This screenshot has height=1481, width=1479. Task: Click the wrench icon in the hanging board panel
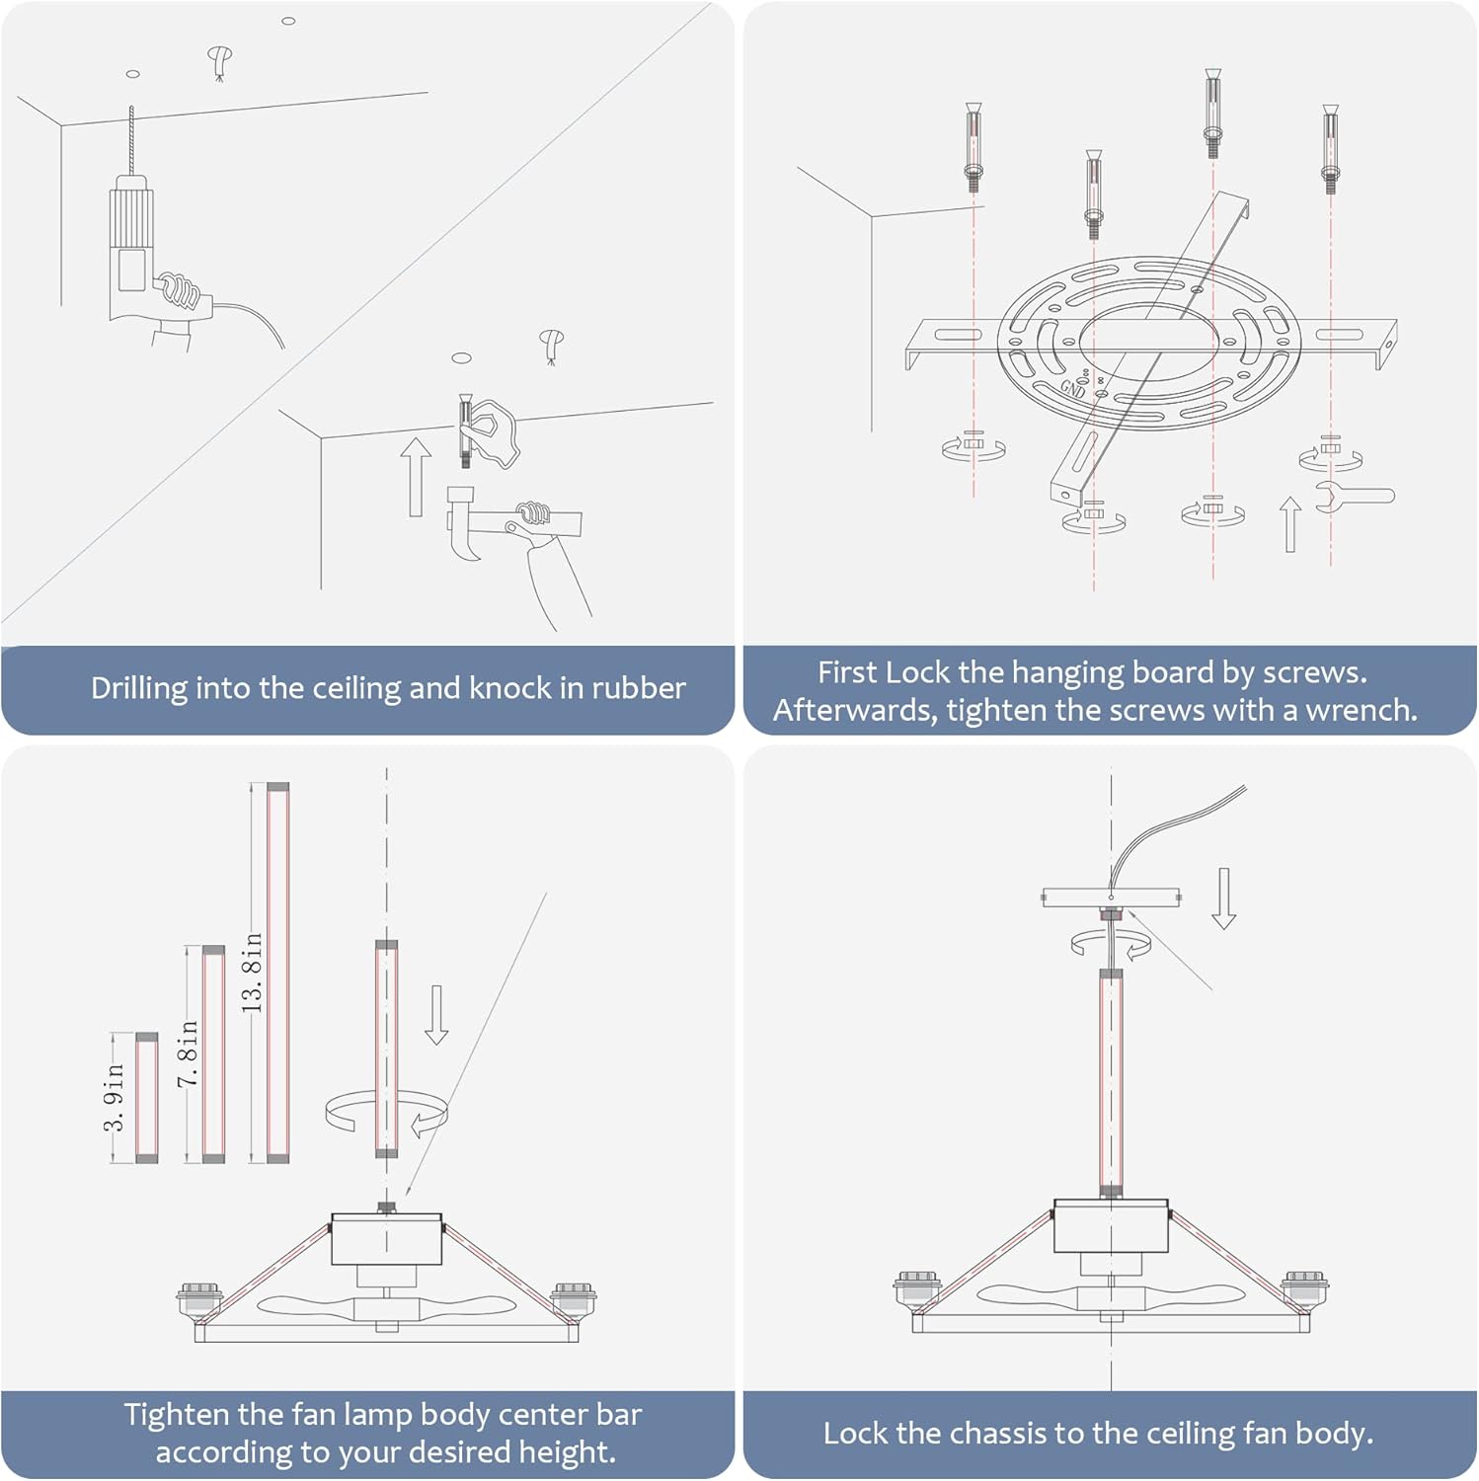(1354, 496)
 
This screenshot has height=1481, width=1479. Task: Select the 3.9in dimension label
(115, 1097)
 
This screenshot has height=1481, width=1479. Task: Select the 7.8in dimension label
(188, 1054)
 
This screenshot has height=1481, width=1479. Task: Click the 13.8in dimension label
(253, 972)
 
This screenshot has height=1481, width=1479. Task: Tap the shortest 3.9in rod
(146, 1098)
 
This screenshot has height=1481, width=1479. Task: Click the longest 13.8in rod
(277, 973)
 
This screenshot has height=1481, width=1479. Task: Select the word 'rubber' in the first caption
(637, 688)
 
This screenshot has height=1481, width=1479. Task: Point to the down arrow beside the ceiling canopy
(1223, 898)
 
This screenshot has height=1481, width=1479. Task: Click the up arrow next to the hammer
(416, 477)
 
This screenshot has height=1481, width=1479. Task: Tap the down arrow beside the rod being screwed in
(435, 1015)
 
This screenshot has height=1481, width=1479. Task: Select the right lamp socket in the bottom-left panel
(574, 1297)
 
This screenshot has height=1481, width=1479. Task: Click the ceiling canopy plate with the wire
(1111, 897)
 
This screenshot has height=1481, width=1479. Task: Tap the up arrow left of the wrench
(1289, 523)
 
